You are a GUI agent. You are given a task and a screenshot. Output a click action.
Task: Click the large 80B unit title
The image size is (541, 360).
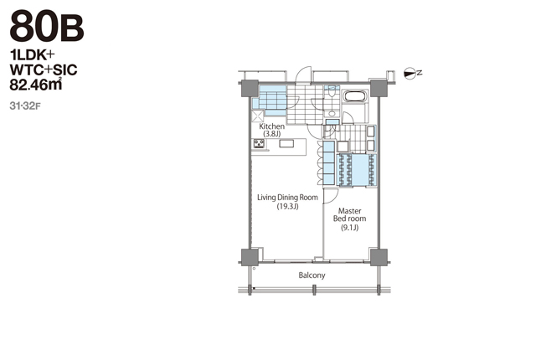point(47,26)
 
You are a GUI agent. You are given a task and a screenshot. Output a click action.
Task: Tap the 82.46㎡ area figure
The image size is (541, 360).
point(36,85)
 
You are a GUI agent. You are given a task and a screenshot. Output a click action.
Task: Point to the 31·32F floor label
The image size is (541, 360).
point(25,106)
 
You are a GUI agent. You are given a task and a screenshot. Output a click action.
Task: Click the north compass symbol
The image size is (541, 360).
point(413,73)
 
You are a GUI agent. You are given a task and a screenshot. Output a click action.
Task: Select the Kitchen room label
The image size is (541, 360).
point(272,126)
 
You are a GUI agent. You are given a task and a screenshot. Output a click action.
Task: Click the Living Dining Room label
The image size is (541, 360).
point(287,198)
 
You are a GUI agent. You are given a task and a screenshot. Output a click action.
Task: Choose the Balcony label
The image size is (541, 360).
point(312,275)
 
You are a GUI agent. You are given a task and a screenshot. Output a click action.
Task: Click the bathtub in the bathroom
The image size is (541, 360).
point(355,96)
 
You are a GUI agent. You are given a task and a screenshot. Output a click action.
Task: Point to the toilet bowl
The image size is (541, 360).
point(332,92)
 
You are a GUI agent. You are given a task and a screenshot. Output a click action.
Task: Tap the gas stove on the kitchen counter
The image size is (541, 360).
point(259,143)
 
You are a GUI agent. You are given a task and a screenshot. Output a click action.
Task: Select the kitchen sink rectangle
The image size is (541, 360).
point(286,143)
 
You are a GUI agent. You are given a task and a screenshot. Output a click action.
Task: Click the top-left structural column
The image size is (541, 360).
point(250,88)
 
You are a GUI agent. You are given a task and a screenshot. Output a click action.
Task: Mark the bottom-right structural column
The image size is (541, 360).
point(379,257)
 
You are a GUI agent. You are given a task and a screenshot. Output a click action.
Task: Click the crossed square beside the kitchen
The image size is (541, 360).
point(257,116)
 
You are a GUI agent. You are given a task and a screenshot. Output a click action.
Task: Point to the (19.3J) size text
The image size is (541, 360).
point(287,207)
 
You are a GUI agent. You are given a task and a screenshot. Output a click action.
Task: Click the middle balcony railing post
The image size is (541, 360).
point(314,290)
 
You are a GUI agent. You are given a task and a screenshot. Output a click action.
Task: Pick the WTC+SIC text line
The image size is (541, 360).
point(44,70)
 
